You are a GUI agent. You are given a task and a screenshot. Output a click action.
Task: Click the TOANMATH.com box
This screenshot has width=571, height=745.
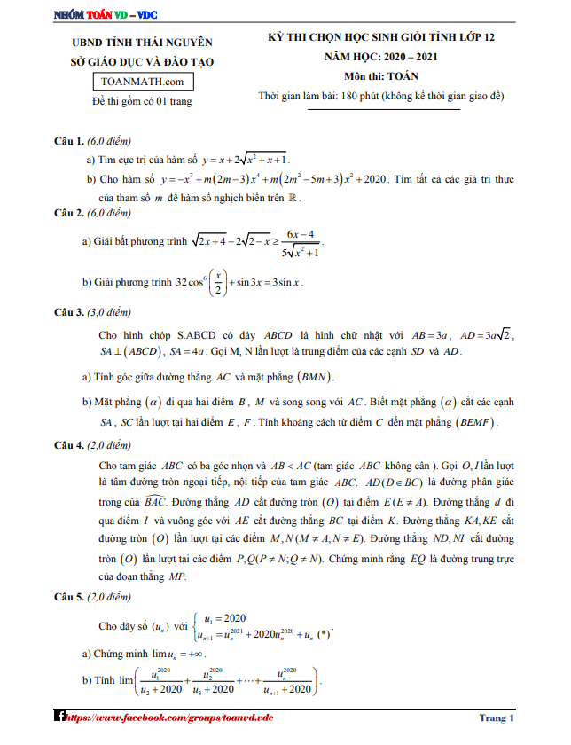tap(142, 82)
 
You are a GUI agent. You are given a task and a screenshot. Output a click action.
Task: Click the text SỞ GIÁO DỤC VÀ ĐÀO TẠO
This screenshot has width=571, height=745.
tap(142, 62)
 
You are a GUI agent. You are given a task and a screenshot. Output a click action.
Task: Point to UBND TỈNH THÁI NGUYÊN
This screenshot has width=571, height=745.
tap(142, 42)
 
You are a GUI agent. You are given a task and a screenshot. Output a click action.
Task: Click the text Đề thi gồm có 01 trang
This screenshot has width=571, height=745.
tap(142, 102)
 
